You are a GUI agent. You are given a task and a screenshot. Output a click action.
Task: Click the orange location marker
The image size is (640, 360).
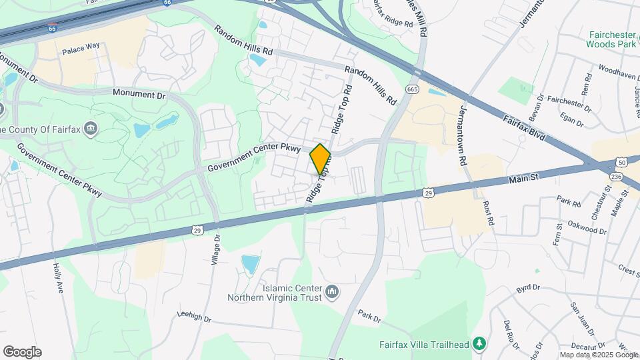click(x=321, y=159)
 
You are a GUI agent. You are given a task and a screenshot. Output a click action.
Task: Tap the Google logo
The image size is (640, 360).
click(x=22, y=352)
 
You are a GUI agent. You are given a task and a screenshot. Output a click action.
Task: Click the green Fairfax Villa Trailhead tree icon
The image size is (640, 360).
click(x=479, y=343)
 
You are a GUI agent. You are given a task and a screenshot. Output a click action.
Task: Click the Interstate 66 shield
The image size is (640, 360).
click(x=52, y=29)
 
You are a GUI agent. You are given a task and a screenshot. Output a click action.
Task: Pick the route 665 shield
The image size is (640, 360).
click(x=412, y=89)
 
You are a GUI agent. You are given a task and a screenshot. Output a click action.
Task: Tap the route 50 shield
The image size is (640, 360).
click(x=621, y=162)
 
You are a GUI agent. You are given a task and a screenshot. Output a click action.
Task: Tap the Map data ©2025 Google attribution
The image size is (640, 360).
click(x=598, y=355)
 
